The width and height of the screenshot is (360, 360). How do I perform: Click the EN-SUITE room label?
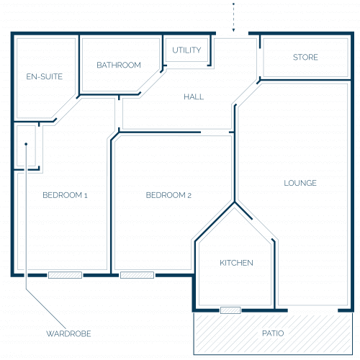pyautogui.click(x=45, y=76)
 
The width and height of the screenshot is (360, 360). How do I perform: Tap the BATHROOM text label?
pyautogui.click(x=119, y=65)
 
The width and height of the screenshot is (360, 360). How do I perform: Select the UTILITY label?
pyautogui.click(x=186, y=50)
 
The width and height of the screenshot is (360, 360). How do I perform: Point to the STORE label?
pyautogui.click(x=305, y=57)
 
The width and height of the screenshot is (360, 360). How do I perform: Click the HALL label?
pyautogui.click(x=194, y=96)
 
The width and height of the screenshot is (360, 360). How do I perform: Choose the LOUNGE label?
pyautogui.click(x=300, y=183)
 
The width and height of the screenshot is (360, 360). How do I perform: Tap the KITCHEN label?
pyautogui.click(x=236, y=263)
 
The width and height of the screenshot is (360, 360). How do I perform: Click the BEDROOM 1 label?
pyautogui.click(x=65, y=195)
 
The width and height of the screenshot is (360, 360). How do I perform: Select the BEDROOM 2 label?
pyautogui.click(x=168, y=195)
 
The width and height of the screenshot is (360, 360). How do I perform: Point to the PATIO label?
pyautogui.click(x=273, y=333)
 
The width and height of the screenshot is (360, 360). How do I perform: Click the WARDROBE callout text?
pyautogui.click(x=68, y=333)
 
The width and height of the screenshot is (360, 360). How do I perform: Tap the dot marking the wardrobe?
pyautogui.click(x=26, y=144)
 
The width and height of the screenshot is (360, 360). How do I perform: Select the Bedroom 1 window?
pyautogui.click(x=65, y=275)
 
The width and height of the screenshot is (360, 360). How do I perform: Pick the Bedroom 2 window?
pyautogui.click(x=137, y=275)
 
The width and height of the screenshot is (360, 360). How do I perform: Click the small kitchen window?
pyautogui.click(x=230, y=310)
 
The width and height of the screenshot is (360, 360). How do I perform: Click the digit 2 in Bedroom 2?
pyautogui.click(x=189, y=195)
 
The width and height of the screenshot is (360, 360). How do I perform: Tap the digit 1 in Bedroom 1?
pyautogui.click(x=86, y=195)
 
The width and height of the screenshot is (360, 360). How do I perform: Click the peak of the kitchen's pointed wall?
pyautogui.click(x=235, y=203)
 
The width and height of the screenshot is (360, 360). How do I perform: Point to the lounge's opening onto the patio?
pyautogui.click(x=312, y=310)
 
